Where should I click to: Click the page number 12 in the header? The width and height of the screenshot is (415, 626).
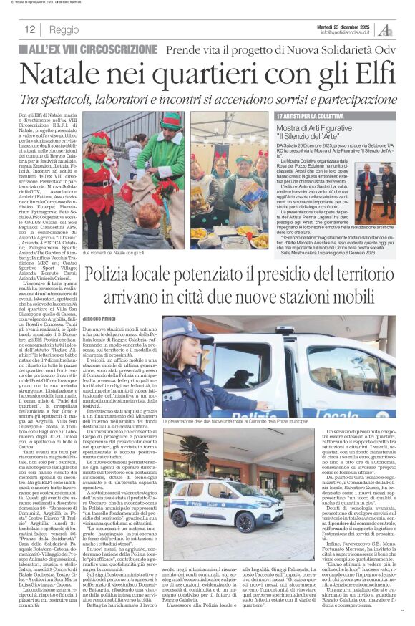pos(29,29)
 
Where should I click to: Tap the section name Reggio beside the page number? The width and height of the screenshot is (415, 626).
pos(64,29)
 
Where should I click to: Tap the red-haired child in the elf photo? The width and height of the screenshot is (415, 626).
pos(102,147)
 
